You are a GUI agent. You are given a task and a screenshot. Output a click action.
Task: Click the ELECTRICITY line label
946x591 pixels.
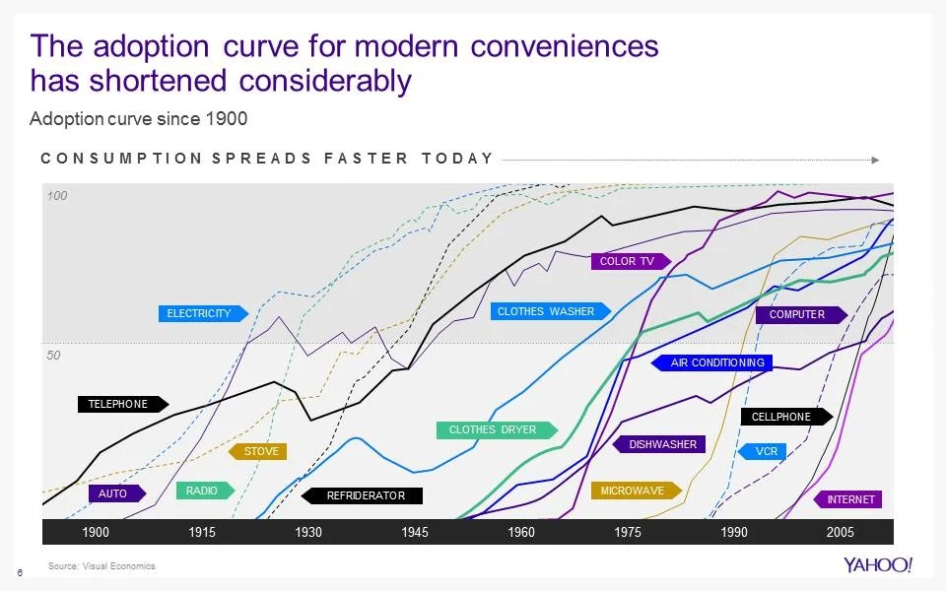pos(199,313)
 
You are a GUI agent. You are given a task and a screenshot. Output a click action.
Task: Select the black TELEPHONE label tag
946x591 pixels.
pos(120,404)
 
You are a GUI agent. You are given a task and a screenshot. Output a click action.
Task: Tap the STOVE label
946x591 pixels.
pos(259,451)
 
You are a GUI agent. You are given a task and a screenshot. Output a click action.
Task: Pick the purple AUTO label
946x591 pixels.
pos(115,492)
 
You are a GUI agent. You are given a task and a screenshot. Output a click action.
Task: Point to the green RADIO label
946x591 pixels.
pos(203,490)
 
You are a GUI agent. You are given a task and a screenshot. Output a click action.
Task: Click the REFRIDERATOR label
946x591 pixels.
pos(364,495)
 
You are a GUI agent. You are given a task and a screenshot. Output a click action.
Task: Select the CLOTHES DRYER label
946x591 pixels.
pos(494,429)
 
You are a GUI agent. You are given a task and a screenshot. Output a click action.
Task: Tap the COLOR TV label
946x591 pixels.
pos(629,261)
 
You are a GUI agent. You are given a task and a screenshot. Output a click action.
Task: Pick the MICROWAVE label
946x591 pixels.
pos(634,490)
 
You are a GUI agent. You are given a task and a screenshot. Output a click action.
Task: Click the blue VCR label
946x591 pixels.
pos(765,451)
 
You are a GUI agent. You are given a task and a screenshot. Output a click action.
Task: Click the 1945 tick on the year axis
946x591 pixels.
pos(415,532)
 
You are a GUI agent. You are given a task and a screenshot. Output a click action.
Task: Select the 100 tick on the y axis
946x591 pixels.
pos(57,197)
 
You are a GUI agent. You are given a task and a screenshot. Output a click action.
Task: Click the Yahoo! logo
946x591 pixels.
pos(878,564)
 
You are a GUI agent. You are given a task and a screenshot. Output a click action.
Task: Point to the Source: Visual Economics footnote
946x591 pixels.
pos(101,565)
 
